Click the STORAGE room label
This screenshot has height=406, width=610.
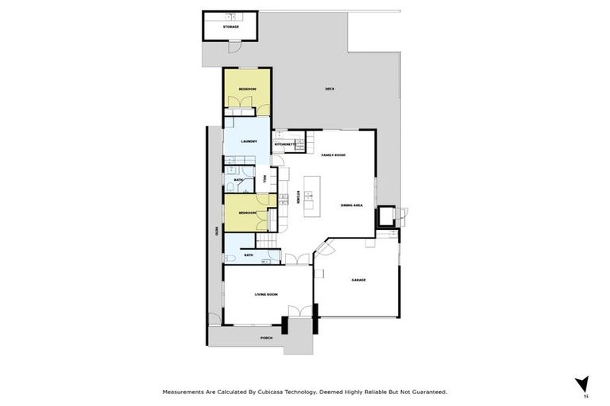[231, 27]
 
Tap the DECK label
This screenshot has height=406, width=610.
[329, 89]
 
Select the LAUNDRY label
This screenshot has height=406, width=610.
[248, 141]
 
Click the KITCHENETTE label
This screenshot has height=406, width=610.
[284, 144]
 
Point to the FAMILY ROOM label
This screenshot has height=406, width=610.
[333, 155]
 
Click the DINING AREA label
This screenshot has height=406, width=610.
[352, 205]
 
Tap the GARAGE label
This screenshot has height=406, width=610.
[358, 280]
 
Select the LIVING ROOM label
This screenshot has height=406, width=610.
[265, 294]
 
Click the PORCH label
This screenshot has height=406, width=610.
[266, 338]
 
